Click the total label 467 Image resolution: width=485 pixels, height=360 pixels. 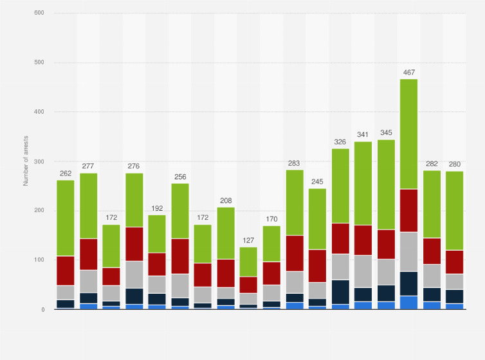tap(408, 73)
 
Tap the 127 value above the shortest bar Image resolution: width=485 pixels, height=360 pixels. tap(248, 241)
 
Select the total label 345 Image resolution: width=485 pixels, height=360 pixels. tap(386, 133)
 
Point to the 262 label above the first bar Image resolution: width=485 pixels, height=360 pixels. tap(66, 174)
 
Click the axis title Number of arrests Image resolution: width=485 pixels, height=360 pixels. tap(26, 161)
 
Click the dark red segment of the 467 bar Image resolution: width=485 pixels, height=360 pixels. tap(408, 210)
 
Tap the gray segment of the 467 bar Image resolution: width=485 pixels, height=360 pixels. tap(408, 251)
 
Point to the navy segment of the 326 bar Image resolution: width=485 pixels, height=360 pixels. tap(340, 292)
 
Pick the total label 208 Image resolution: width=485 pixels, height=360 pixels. tap(226, 201)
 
